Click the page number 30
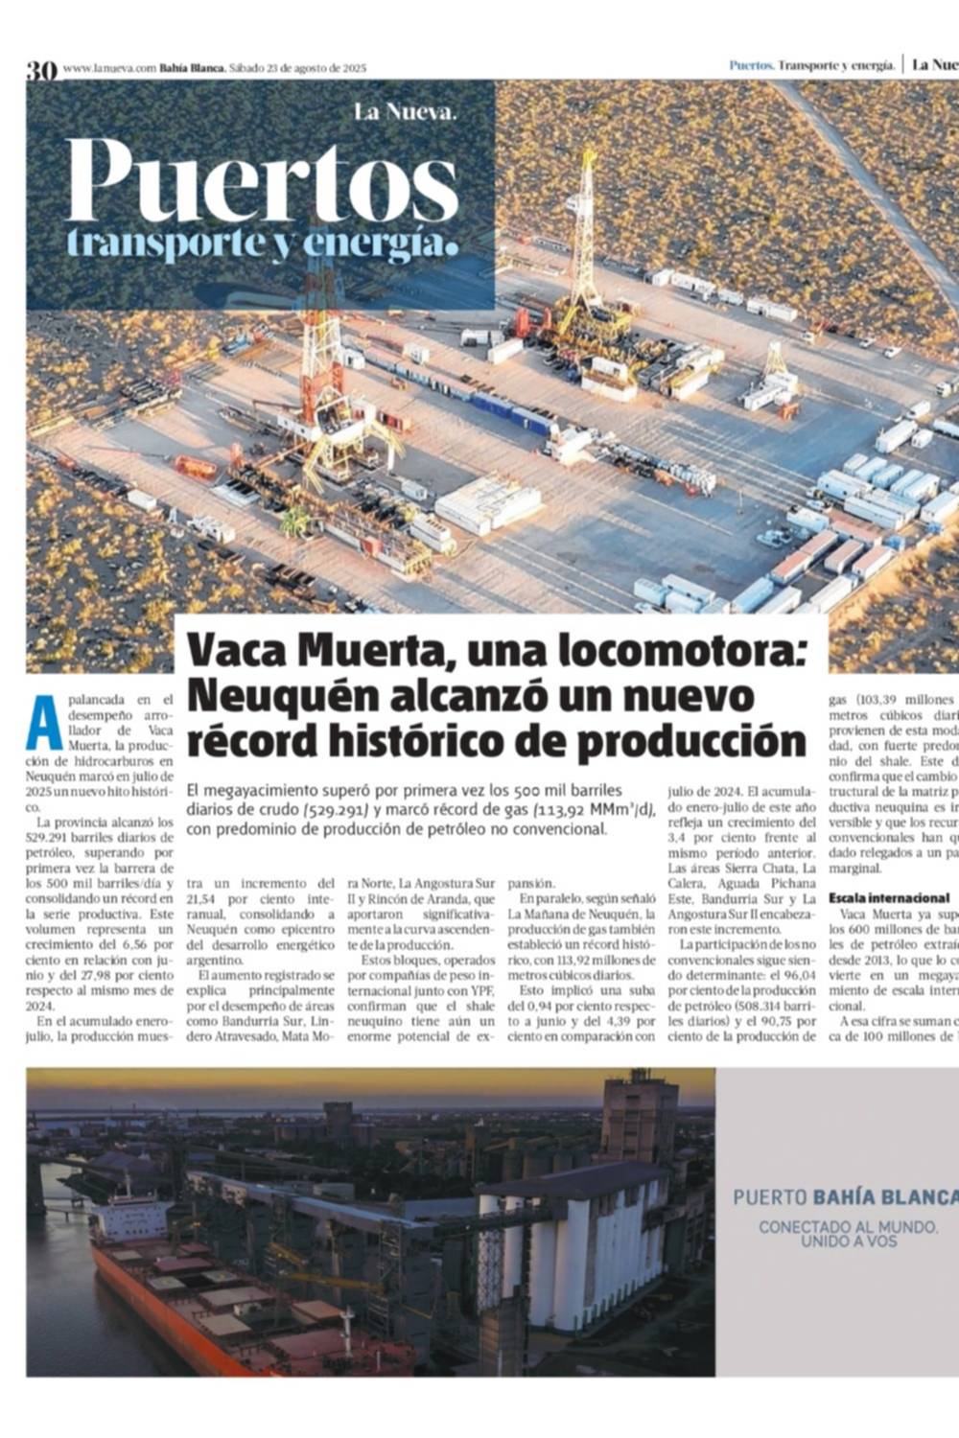[41, 69]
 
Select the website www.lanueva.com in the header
[108, 68]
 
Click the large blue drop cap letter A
[44, 723]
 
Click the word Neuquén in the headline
[267, 695]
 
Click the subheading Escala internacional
[888, 898]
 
